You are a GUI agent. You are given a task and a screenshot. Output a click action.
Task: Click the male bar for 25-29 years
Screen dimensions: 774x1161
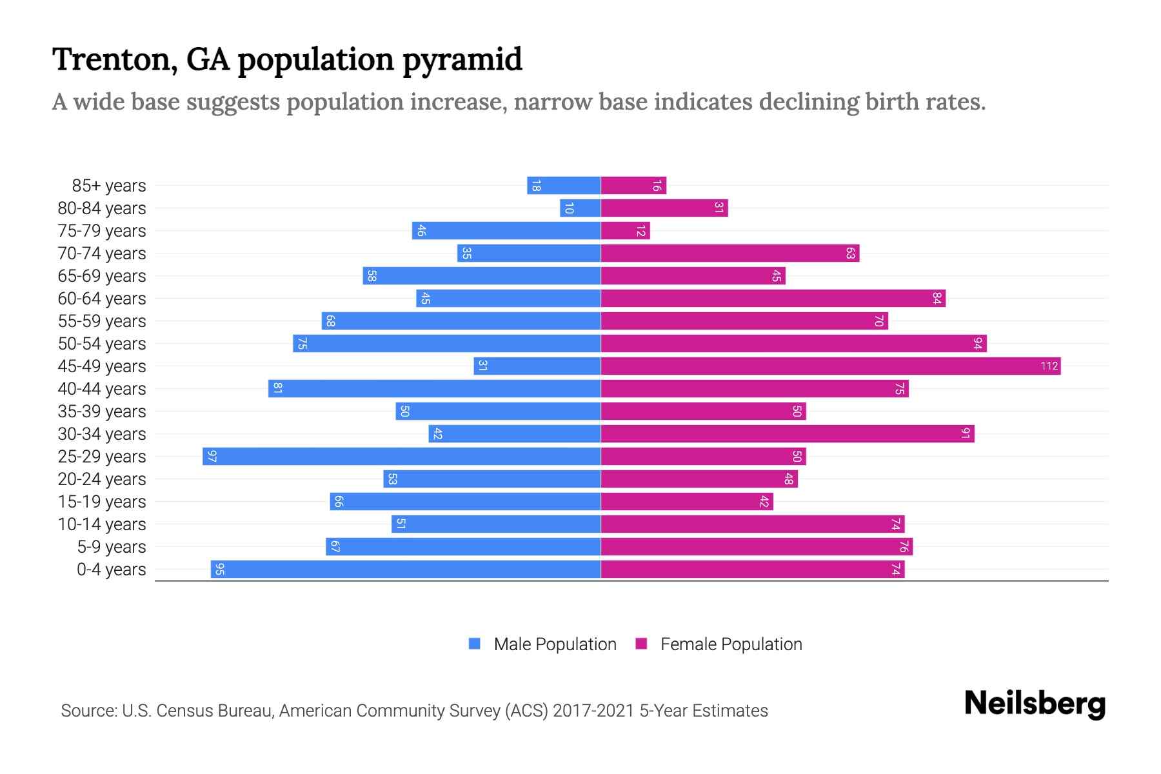401,456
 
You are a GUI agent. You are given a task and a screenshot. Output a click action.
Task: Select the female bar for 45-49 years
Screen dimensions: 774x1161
831,366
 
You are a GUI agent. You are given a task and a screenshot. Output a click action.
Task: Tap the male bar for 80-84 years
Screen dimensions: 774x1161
580,208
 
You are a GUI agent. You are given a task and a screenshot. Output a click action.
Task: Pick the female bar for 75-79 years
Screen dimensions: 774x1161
625,230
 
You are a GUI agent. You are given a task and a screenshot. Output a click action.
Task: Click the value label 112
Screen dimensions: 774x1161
1049,366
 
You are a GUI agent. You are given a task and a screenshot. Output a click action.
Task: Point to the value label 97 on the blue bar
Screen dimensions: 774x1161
212,457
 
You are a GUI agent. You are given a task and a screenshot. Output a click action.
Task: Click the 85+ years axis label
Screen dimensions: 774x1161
108,186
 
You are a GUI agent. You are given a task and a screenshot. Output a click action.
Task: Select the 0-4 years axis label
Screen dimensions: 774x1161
111,570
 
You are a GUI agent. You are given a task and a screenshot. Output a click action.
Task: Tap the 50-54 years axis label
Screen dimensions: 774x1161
102,344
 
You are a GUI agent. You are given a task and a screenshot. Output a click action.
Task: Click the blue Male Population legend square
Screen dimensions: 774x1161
475,644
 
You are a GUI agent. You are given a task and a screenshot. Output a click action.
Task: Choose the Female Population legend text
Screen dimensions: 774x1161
731,644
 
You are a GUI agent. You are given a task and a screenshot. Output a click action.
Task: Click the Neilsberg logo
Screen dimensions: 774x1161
1035,704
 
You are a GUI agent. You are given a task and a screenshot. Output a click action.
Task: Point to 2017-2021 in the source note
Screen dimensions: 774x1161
593,710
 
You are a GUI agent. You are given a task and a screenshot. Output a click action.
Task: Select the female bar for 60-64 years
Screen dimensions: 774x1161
773,298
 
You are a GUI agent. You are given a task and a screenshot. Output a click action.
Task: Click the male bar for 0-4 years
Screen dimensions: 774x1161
405,569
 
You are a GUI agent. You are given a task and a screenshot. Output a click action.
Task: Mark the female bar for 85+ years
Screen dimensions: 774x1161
633,185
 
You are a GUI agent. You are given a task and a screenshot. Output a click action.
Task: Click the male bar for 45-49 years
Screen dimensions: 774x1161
537,366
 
